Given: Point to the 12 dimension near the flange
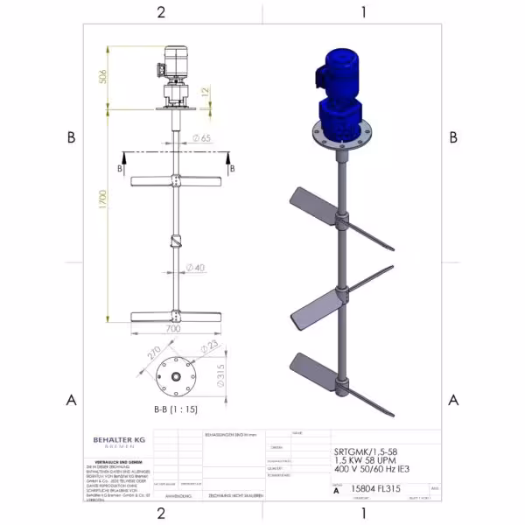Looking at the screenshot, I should point(205,90).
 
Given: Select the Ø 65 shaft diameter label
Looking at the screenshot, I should point(199,138).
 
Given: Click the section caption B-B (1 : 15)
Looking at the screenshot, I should point(175,409).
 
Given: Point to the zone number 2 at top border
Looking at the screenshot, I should point(161,11).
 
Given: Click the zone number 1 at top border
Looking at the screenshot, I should point(363,11).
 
